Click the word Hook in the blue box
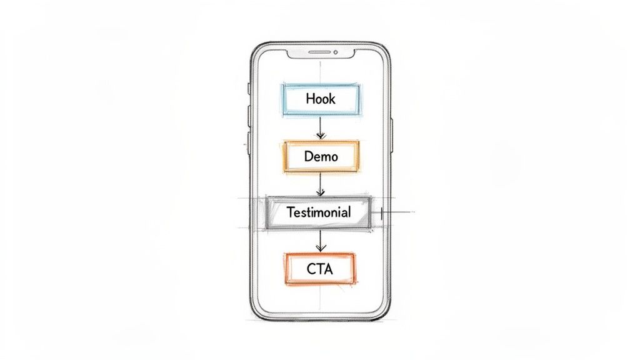pyautogui.click(x=321, y=99)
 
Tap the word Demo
pyautogui.click(x=321, y=156)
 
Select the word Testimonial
pyautogui.click(x=319, y=212)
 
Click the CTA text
pyautogui.click(x=320, y=269)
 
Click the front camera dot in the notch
pyautogui.click(x=336, y=52)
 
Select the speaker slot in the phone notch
pyautogui.click(x=316, y=52)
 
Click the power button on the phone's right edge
pyautogui.click(x=392, y=134)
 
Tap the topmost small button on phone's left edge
pyautogui.click(x=249, y=88)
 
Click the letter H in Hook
pyautogui.click(x=310, y=99)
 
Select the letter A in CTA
pyautogui.click(x=328, y=269)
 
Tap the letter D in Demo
pyautogui.click(x=308, y=156)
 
